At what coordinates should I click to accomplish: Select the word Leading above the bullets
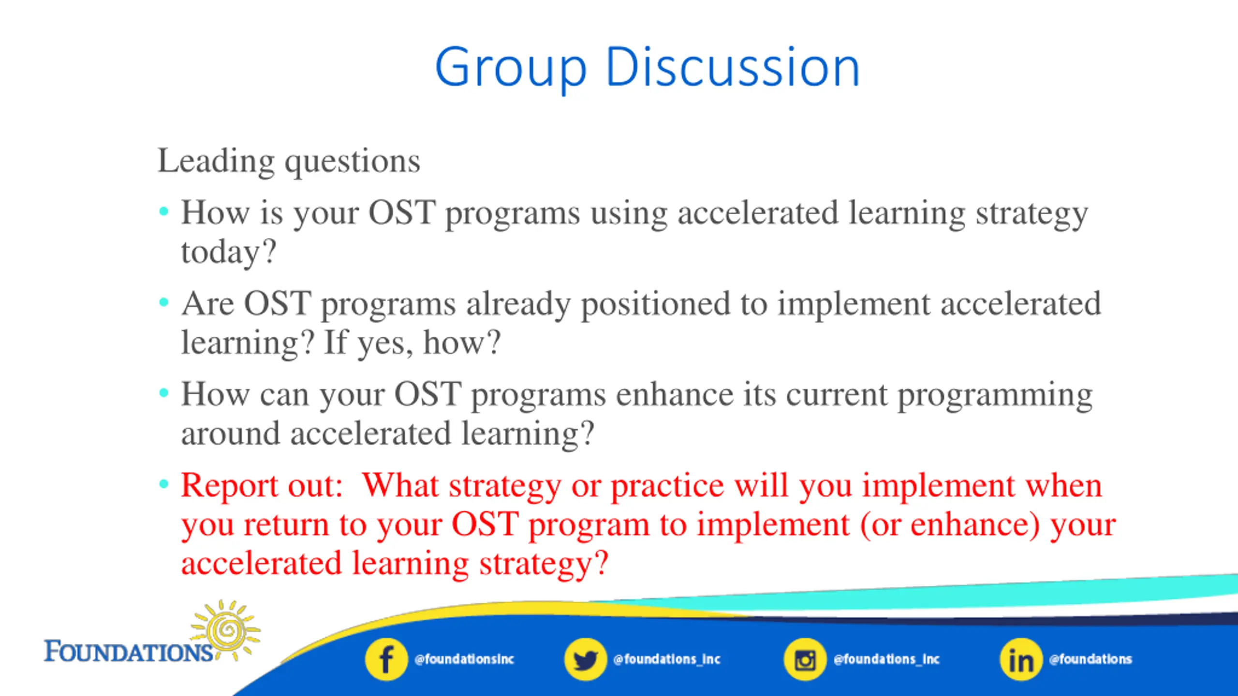pos(216,161)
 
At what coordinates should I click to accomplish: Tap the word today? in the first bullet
pos(229,252)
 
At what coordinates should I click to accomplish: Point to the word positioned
pos(655,304)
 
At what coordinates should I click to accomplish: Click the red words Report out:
pos(262,485)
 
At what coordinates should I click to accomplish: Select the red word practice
pos(667,486)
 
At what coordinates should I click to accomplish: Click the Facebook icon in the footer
pos(386,659)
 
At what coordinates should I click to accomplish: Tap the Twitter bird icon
pos(585,659)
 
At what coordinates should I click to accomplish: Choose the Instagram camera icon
pos(805,659)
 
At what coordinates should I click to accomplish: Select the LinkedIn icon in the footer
pos(1021,659)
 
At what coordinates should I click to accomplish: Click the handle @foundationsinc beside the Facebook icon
pos(464,659)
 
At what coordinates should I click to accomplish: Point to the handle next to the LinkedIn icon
pos(1091,659)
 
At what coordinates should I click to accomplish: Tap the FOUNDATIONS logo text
pos(129,652)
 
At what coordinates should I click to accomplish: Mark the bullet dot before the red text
pos(164,483)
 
